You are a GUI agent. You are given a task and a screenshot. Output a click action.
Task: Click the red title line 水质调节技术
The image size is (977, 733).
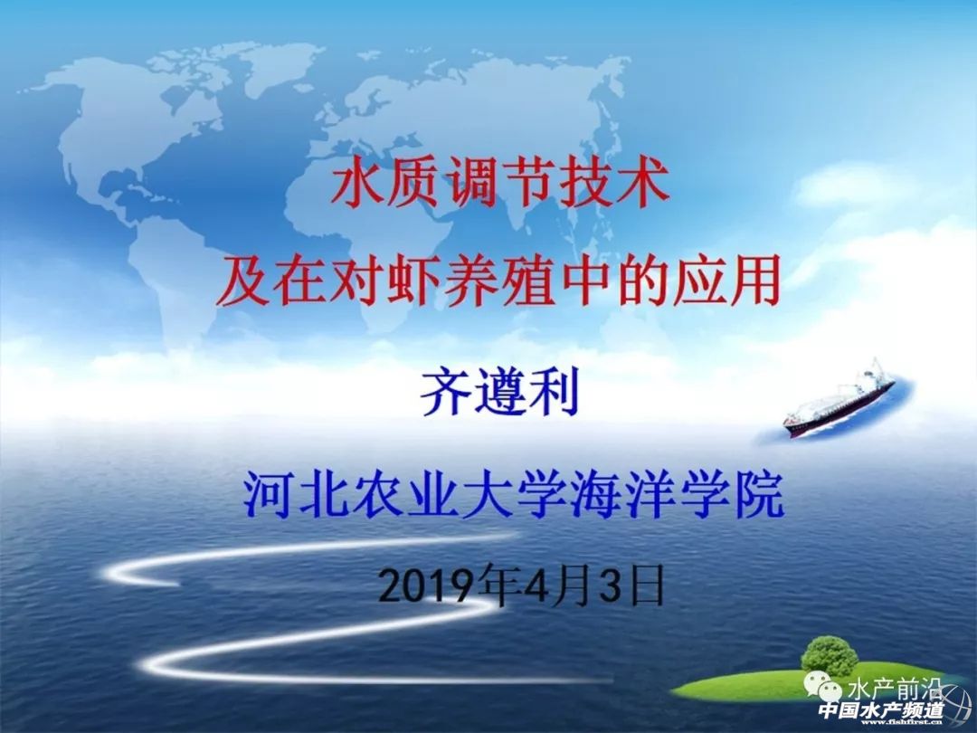tap(500, 184)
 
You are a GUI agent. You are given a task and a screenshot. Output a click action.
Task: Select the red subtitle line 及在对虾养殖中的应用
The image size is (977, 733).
tap(499, 282)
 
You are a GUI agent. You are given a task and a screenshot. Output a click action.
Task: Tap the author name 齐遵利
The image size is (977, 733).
tap(499, 392)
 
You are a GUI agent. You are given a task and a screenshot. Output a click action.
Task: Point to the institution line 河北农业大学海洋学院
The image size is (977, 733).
tap(514, 496)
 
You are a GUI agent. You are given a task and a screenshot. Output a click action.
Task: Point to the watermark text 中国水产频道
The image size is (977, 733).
tap(881, 710)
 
